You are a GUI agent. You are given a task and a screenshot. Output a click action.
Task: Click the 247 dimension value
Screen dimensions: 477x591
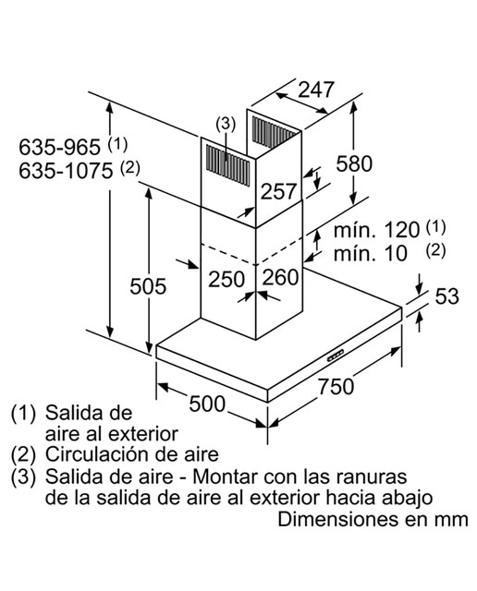[x=316, y=90]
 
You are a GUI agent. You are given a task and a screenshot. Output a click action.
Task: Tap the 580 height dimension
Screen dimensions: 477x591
[x=354, y=163]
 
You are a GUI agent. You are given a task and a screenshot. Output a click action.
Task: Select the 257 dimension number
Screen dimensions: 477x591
[x=278, y=191]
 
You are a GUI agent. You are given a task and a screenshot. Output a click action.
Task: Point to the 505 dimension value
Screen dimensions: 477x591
[x=148, y=285]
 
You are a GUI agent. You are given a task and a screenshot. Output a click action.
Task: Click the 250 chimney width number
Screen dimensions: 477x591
[x=226, y=279]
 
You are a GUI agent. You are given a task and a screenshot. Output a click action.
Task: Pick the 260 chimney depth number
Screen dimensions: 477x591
[x=280, y=277]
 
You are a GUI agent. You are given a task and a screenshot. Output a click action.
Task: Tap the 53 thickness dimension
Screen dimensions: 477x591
[x=446, y=295]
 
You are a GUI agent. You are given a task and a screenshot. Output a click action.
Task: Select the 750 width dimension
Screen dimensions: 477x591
[x=336, y=386]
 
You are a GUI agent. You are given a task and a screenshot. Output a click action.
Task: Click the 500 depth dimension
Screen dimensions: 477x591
[x=207, y=404]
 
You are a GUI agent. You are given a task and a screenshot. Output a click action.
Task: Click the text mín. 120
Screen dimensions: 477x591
[x=376, y=230]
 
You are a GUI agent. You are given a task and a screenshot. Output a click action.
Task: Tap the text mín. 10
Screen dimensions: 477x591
[x=370, y=253]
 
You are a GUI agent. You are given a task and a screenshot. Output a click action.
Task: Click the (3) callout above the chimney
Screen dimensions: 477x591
[x=226, y=124]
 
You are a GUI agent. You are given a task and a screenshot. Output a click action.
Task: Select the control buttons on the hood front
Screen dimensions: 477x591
[x=336, y=356]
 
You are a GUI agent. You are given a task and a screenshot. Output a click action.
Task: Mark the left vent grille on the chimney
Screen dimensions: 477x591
[x=227, y=166]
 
